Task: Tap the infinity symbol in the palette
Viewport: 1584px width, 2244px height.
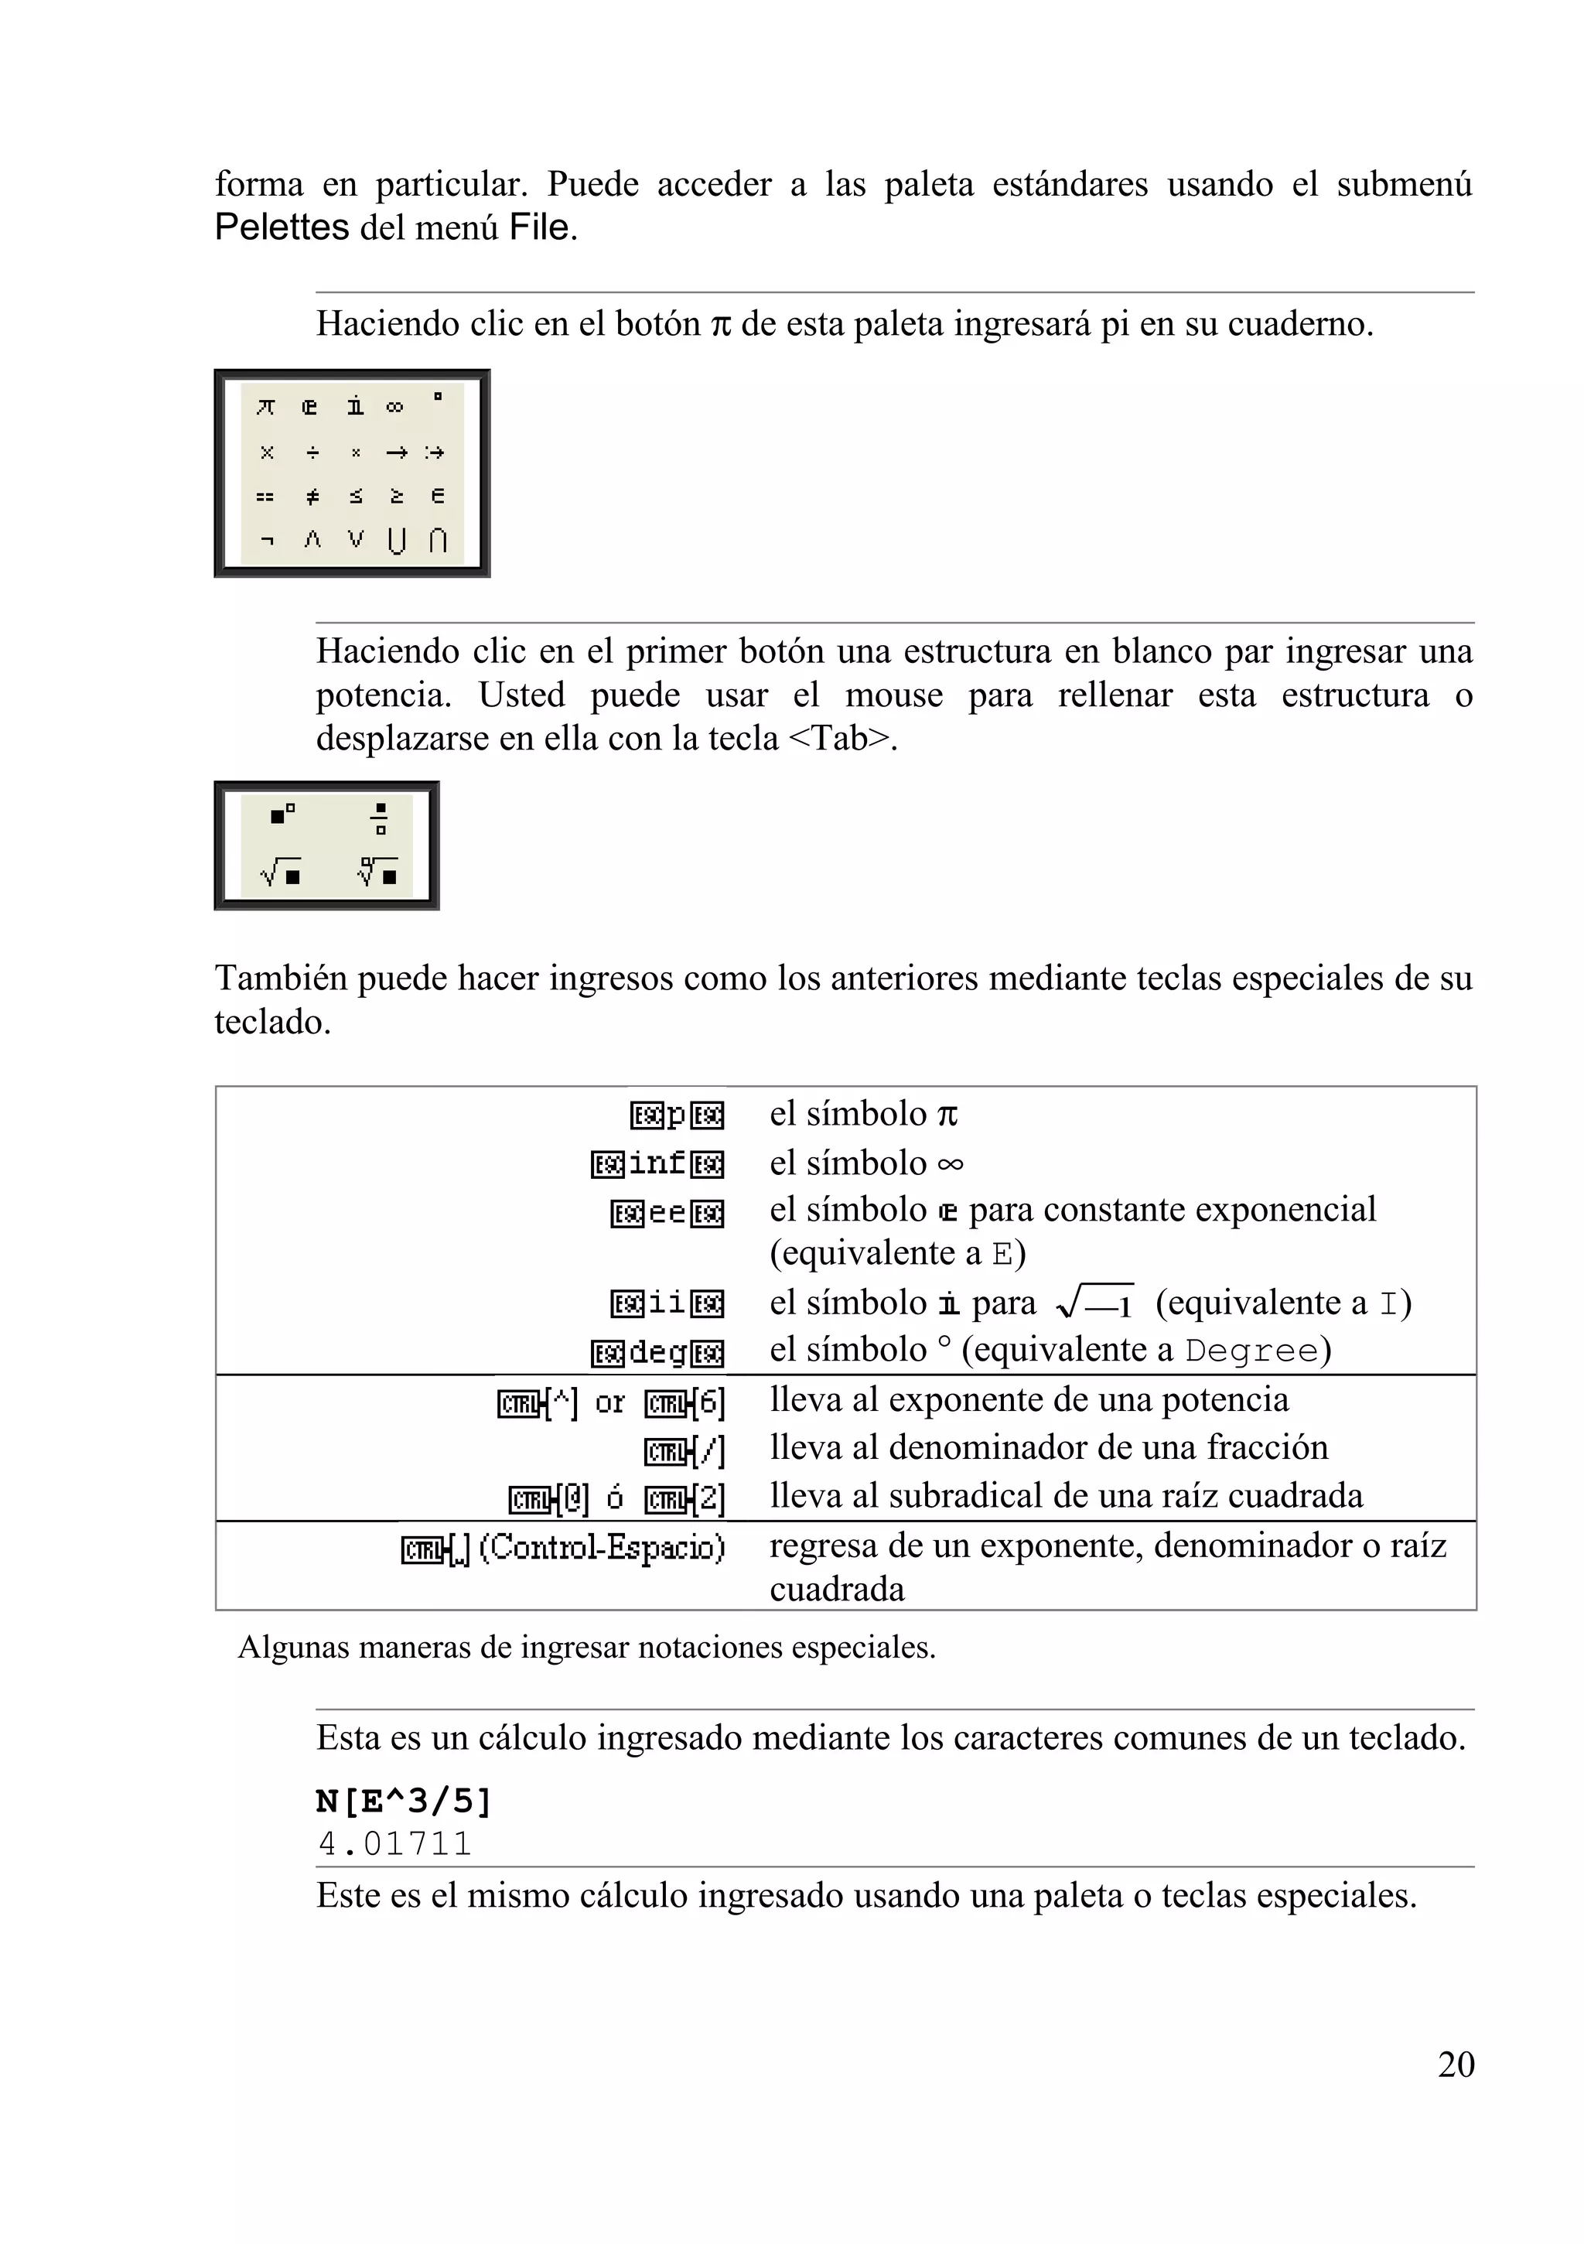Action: click(394, 407)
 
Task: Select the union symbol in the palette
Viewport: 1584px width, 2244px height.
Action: click(396, 539)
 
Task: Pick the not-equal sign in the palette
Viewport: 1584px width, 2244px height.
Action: click(312, 497)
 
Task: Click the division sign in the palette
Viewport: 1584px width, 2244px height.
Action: click(312, 453)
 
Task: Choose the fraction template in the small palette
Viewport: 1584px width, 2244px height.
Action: click(380, 818)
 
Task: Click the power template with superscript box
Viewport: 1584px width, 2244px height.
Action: click(282, 813)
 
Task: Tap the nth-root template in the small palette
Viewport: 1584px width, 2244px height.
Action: click(377, 871)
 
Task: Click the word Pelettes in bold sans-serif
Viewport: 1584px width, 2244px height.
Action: click(282, 227)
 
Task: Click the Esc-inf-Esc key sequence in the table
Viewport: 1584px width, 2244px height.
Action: click(657, 1163)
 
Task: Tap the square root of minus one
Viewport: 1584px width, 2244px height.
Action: click(1094, 1303)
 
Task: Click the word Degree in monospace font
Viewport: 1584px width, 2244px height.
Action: click(1251, 1351)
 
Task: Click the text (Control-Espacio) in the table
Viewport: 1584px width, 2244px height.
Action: click(602, 1547)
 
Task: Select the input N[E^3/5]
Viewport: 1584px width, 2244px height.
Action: click(404, 1800)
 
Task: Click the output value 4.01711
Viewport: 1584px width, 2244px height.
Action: click(394, 1843)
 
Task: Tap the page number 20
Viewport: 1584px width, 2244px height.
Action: click(1455, 2065)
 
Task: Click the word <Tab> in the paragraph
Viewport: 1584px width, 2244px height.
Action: click(841, 738)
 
